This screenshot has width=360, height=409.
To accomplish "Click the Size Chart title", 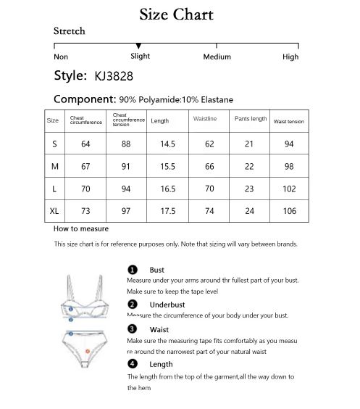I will point(176,14).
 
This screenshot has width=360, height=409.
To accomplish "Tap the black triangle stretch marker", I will point(139,46).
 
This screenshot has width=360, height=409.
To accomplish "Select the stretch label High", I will point(290,57).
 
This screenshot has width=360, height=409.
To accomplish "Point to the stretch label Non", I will point(61,57).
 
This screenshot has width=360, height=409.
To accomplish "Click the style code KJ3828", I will point(114,75).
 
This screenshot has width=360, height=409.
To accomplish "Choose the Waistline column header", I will point(205,119).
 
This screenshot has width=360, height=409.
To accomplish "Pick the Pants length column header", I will point(251,119).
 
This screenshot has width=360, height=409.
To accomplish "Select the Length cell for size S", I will point(168,144).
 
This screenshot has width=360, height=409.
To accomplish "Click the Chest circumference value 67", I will point(85,167).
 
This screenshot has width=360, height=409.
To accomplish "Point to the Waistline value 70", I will point(210,189).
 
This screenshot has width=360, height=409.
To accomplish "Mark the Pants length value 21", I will point(250,144).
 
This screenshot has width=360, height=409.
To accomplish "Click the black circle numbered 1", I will point(133,270).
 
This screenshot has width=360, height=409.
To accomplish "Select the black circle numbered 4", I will point(133,364).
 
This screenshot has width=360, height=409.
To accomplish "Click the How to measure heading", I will point(81,228).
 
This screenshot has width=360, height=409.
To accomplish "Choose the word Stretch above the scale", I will point(70,31).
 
